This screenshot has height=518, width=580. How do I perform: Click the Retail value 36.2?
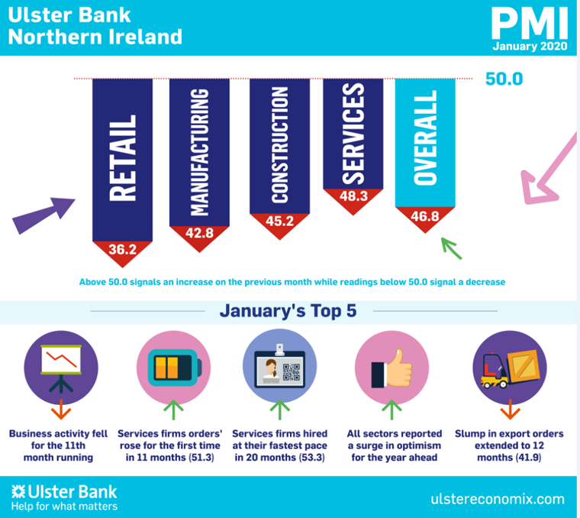(x=122, y=249)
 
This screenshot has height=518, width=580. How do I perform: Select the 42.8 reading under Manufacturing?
(x=199, y=233)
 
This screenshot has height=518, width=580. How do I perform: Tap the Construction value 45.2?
(x=279, y=221)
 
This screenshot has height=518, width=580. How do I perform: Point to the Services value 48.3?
(x=353, y=196)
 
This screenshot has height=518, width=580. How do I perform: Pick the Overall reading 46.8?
(x=425, y=216)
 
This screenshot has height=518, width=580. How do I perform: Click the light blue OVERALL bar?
(x=425, y=143)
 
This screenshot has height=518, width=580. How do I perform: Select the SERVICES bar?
(x=353, y=134)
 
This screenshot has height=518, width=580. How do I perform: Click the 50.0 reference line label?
(x=504, y=79)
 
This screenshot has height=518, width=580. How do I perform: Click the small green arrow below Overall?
(x=451, y=248)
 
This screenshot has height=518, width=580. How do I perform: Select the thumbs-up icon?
(x=391, y=368)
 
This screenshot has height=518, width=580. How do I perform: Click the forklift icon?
(x=510, y=368)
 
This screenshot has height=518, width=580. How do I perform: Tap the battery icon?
(x=174, y=367)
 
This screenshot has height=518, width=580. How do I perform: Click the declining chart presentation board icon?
(x=61, y=368)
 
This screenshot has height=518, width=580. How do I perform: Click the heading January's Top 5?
(x=288, y=311)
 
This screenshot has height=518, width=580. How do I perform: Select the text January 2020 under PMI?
(x=530, y=47)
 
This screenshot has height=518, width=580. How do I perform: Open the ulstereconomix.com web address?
(x=498, y=499)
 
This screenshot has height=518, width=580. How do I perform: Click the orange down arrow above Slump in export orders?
(x=510, y=410)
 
